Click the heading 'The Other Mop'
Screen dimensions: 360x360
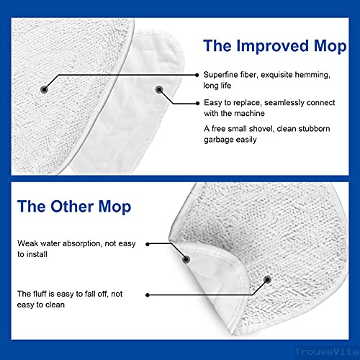coord(73,207)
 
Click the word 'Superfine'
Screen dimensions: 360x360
coord(221,75)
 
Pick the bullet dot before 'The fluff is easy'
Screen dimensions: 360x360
coord(148,294)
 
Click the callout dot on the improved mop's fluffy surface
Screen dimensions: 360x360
coord(44,89)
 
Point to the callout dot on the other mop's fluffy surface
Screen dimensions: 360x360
coord(267,279)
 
